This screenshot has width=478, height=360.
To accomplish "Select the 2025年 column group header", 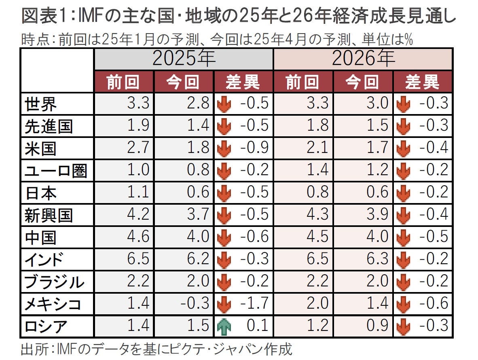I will [x=184, y=59].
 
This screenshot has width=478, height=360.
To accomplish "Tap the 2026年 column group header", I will [x=363, y=59].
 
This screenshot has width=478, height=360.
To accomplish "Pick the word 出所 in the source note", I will [x=32, y=349].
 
